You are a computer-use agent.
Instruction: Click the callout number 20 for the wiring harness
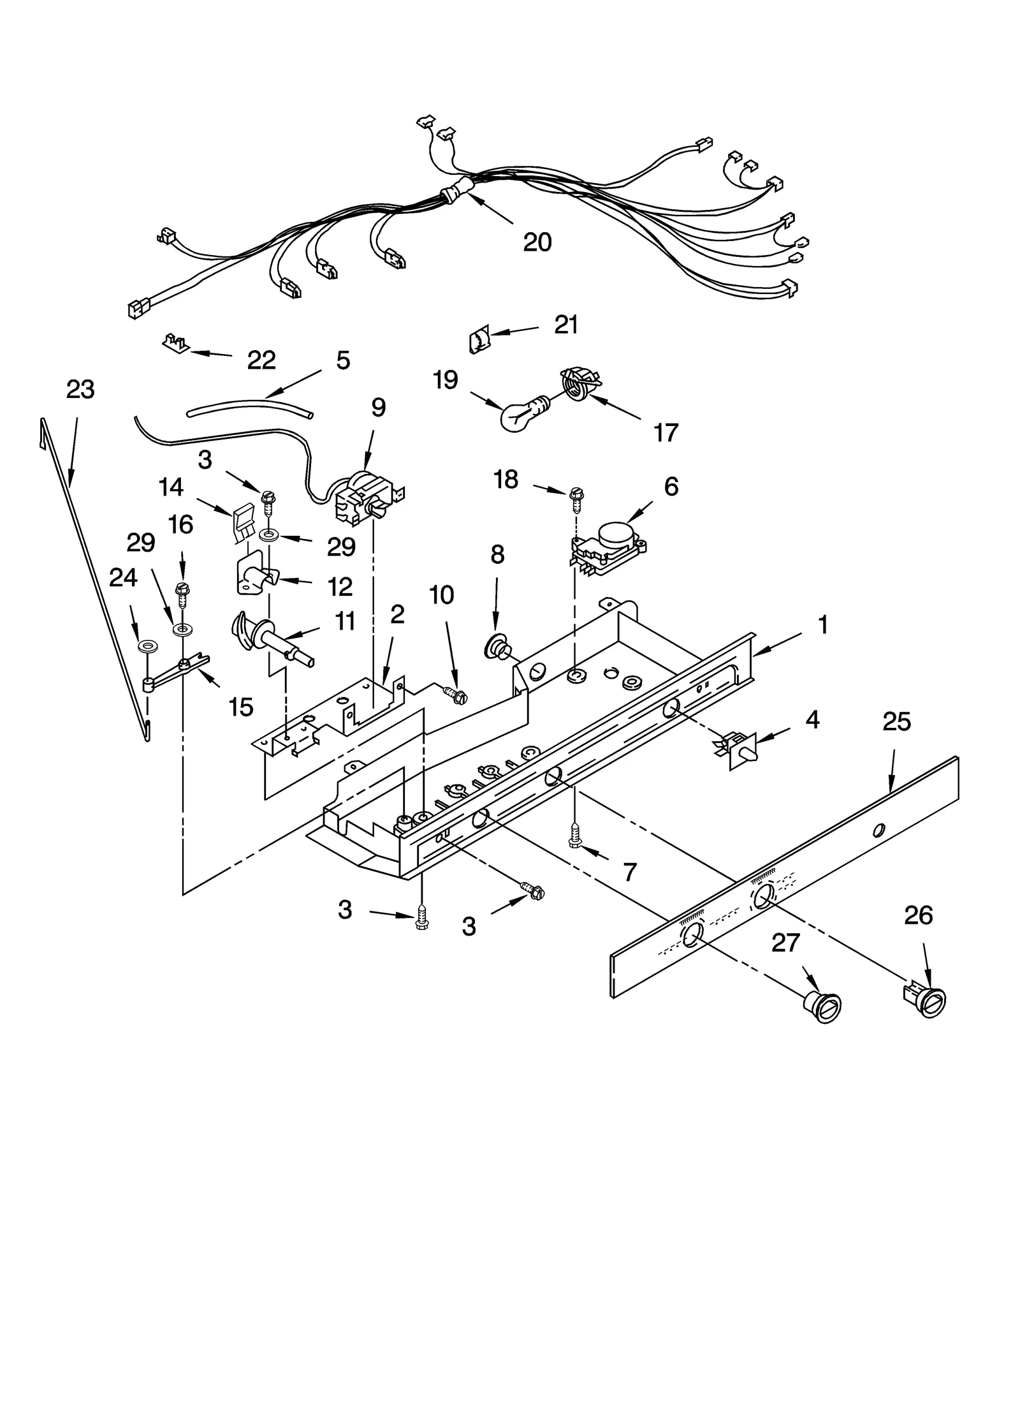click(x=537, y=242)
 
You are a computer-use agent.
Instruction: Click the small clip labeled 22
click(x=174, y=343)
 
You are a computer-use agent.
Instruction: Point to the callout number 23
click(x=80, y=390)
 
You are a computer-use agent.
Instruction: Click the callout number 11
click(x=345, y=621)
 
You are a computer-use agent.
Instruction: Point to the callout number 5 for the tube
click(x=343, y=360)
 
